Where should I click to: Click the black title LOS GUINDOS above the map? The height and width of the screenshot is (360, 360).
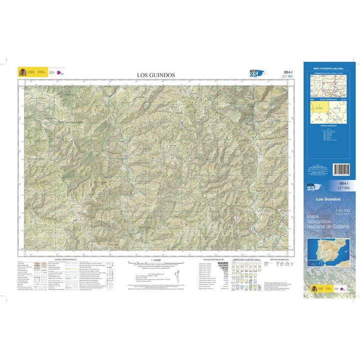[x=156, y=75]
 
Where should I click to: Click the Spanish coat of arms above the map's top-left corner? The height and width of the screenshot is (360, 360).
[x=22, y=72]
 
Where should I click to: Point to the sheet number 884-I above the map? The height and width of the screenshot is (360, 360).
[x=287, y=72]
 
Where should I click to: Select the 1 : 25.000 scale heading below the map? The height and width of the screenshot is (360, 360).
[x=156, y=260]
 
